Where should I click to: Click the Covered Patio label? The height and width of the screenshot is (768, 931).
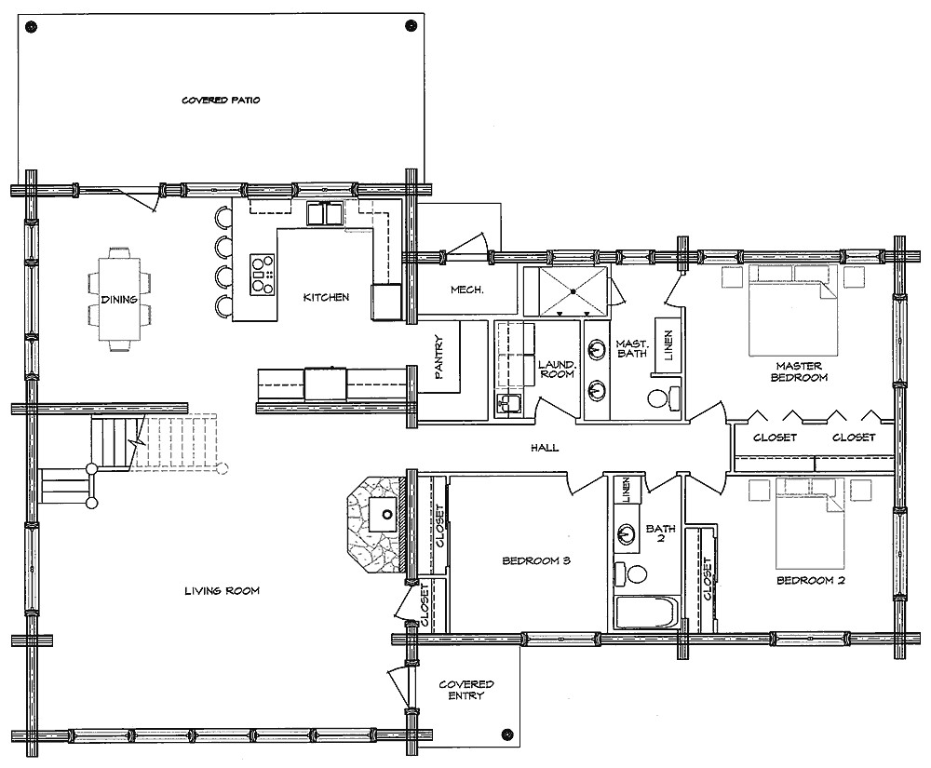(x=221, y=99)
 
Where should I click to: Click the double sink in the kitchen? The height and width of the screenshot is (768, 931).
(x=325, y=214)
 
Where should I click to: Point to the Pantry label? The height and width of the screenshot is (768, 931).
(x=440, y=357)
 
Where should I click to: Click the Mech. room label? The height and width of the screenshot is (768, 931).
(x=466, y=290)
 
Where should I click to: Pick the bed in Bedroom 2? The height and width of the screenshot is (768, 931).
(x=808, y=522)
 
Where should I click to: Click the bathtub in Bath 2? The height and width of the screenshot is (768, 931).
(x=648, y=613)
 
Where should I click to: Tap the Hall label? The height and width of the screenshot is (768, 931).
(x=545, y=448)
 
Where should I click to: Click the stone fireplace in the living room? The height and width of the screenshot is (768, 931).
(x=372, y=526)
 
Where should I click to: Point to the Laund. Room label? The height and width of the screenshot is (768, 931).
(x=555, y=369)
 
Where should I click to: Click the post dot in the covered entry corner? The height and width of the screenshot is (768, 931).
(x=505, y=732)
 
